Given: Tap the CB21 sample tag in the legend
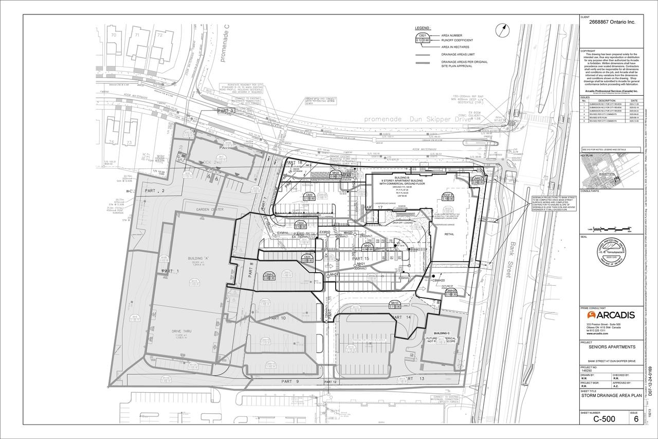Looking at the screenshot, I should [x=423, y=38].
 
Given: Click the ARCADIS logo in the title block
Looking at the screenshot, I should [x=611, y=315].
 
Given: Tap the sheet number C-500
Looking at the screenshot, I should [x=605, y=418].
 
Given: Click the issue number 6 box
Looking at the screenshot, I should [x=636, y=418].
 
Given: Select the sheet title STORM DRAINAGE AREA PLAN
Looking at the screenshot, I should [x=612, y=395].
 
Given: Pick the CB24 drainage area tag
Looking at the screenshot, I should [x=301, y=224].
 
